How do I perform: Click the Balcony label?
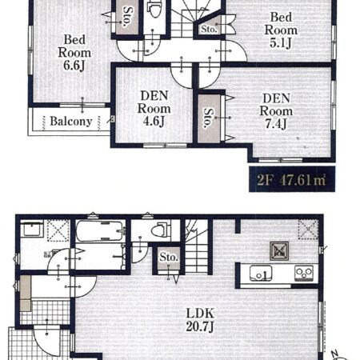(x=71, y=122)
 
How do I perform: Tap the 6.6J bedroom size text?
(x=74, y=66)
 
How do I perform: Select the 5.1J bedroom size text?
(x=281, y=43)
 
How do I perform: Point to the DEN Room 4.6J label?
(x=154, y=109)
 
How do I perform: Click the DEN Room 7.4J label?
(x=276, y=111)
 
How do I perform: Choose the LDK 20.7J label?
(x=200, y=320)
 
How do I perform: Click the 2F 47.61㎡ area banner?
(x=292, y=179)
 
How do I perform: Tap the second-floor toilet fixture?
(x=154, y=9)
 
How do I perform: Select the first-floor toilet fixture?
(x=161, y=230)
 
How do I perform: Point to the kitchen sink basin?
(x=261, y=274)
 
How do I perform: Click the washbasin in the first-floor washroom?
(x=32, y=230)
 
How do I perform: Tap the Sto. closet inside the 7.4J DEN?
(x=209, y=118)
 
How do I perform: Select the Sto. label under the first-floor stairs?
(x=169, y=257)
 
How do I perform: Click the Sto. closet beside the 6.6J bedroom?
(x=127, y=17)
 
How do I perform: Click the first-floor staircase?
(x=197, y=246)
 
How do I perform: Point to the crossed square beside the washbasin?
(x=58, y=230)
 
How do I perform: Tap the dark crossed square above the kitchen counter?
(x=279, y=250)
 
